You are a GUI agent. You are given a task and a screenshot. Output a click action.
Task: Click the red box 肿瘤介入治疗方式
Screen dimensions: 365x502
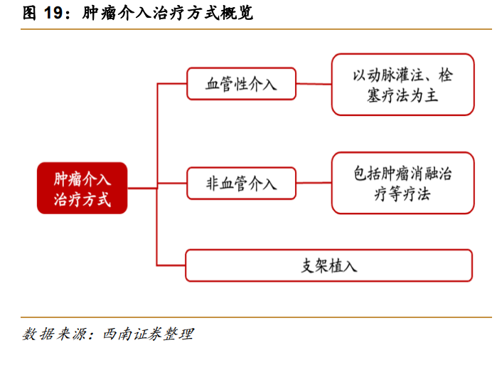(82, 189)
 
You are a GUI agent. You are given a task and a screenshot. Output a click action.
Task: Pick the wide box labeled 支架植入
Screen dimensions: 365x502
(329, 265)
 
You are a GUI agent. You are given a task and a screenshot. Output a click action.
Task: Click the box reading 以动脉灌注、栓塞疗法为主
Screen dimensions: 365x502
(402, 84)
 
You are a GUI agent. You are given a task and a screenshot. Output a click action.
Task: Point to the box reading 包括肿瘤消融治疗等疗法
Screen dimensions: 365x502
(402, 183)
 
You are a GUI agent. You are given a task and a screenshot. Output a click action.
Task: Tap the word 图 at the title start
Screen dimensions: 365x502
(30, 14)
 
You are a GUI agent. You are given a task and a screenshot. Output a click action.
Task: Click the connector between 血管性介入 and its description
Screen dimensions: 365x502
(314, 84)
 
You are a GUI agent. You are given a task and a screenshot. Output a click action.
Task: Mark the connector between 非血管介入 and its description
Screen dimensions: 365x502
(314, 184)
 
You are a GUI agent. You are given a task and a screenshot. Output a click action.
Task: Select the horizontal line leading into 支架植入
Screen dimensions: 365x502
(171, 265)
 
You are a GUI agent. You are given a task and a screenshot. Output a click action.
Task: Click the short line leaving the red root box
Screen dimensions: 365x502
(142, 189)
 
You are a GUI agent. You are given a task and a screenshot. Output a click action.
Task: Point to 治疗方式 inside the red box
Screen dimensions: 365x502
(82, 199)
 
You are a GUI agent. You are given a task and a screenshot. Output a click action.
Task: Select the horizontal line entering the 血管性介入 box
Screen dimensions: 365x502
(171, 84)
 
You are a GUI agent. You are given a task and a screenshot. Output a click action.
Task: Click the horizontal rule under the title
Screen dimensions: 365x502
(256, 29)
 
